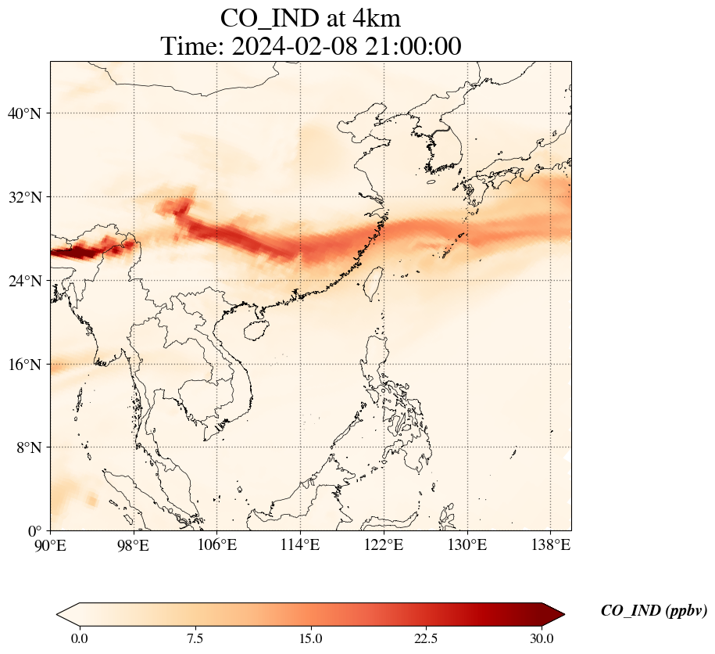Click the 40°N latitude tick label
coord(23,113)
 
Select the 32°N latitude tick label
coord(23,197)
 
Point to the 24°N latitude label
coord(23,281)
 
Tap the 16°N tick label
coord(23,365)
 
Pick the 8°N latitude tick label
coord(27,448)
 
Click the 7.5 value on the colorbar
coord(195,638)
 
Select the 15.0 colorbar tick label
coord(310,638)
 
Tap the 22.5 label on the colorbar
coord(426,638)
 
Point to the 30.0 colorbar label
coord(542,638)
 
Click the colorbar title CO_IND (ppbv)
coord(653,611)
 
